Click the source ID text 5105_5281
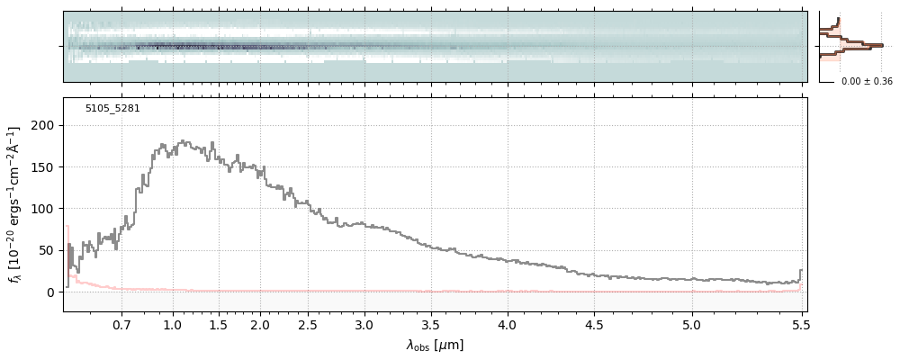tap(112, 109)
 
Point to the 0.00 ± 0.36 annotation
tap(867, 82)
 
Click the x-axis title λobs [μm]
tap(435, 345)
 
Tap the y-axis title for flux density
tap(15, 204)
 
